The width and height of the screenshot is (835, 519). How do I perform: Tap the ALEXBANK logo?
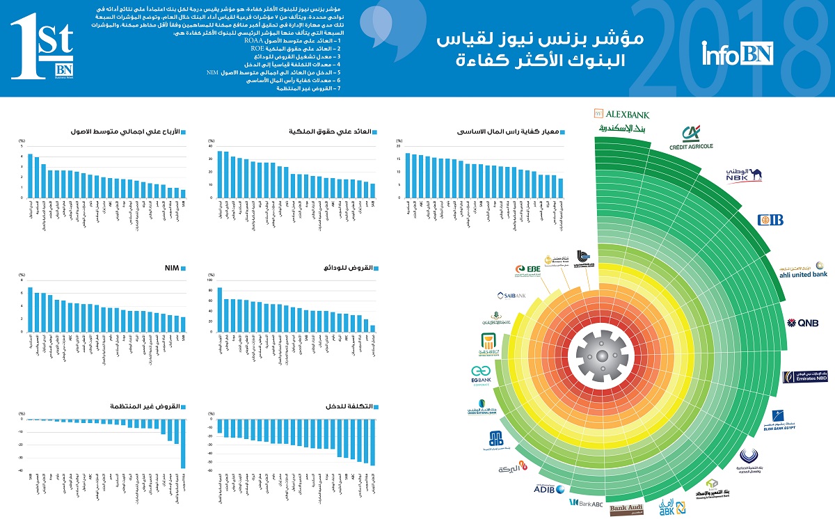pos(621,113)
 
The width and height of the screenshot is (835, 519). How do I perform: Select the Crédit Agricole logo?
pos(690,138)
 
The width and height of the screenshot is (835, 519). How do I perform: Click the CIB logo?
pos(770,220)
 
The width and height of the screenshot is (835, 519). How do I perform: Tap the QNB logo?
pos(802,323)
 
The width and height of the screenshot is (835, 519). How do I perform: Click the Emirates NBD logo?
pos(805,376)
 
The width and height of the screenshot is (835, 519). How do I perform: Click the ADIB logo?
pos(549,490)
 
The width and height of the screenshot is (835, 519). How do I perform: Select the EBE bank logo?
pos(524,271)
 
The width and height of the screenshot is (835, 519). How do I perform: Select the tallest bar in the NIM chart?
pos(30,310)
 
